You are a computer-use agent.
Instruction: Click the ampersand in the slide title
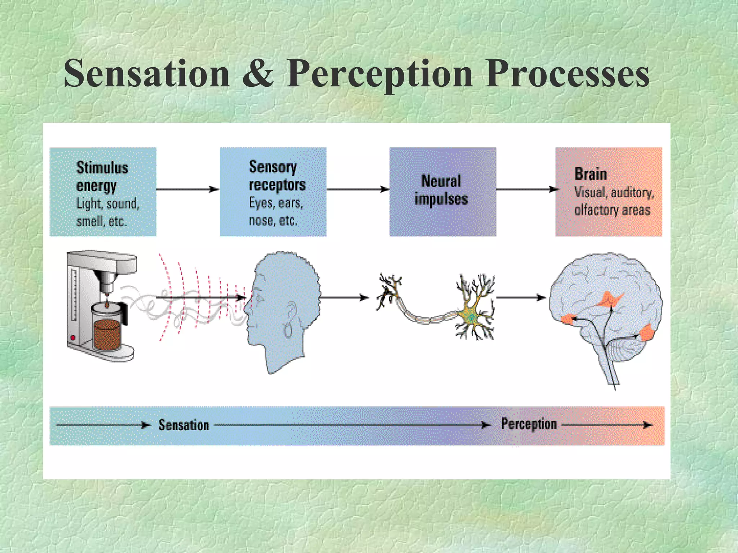(x=258, y=74)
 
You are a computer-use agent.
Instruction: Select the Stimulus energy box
(x=103, y=192)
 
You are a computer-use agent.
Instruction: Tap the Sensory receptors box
(x=273, y=192)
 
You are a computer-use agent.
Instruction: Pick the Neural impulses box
(x=443, y=192)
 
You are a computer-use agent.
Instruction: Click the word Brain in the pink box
(x=590, y=174)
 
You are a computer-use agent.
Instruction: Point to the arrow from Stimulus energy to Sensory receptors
(x=187, y=189)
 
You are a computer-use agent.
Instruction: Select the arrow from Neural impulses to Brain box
(x=526, y=189)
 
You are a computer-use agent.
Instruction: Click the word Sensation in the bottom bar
(x=184, y=425)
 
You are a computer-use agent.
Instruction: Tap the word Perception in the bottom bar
(x=529, y=424)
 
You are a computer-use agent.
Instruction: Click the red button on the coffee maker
(x=73, y=338)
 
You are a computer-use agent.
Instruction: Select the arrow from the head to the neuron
(x=344, y=297)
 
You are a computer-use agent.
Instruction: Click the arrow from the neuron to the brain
(x=521, y=297)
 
